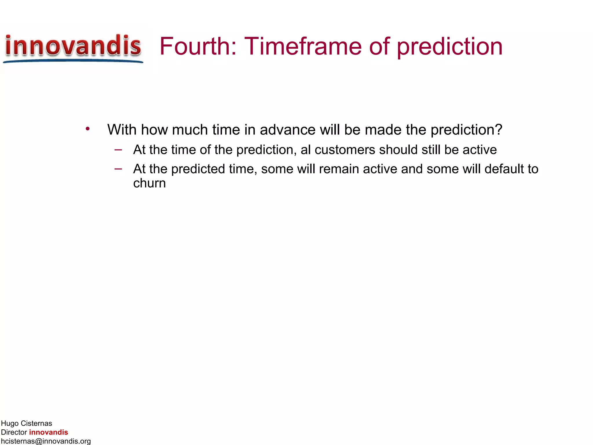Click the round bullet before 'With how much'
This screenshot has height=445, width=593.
click(87, 129)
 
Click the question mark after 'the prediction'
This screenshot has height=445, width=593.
click(499, 129)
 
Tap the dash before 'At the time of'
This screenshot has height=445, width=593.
click(118, 150)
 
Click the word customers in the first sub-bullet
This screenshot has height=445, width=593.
click(345, 150)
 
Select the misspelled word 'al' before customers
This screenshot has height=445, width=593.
click(305, 150)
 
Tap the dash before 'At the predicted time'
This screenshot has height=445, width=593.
click(118, 169)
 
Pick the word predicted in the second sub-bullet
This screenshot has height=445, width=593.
click(198, 169)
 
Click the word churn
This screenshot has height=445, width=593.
click(149, 183)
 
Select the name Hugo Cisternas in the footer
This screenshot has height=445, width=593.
click(26, 423)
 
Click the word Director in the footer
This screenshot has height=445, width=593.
click(14, 432)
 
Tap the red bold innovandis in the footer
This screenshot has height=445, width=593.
click(48, 432)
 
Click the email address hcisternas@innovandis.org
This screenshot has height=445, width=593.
click(46, 441)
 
